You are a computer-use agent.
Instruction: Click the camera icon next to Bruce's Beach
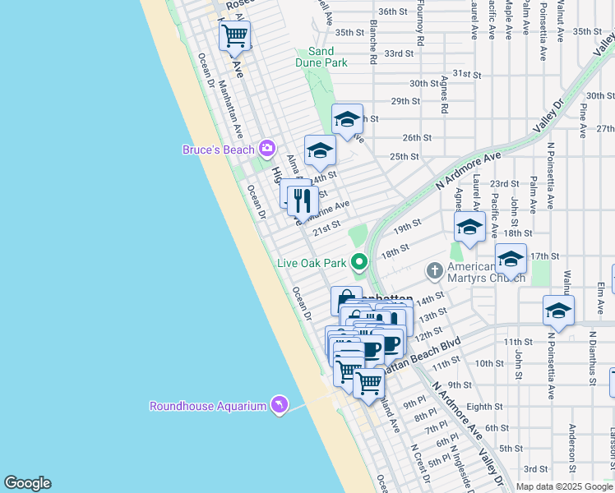pyautogui.click(x=266, y=148)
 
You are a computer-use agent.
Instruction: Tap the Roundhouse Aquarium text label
pyautogui.click(x=208, y=406)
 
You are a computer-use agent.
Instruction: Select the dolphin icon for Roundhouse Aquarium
pyautogui.click(x=280, y=405)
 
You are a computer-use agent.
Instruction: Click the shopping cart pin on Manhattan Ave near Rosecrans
pyautogui.click(x=234, y=35)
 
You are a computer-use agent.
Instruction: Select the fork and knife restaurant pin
pyautogui.click(x=303, y=199)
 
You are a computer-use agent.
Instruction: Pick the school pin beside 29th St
pyautogui.click(x=347, y=119)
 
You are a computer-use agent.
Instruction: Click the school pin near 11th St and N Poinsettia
pyautogui.click(x=558, y=311)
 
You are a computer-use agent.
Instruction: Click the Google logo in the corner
pyautogui.click(x=27, y=483)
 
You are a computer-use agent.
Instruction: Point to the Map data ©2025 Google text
pyautogui.click(x=563, y=486)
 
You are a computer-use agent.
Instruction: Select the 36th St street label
pyautogui.click(x=393, y=12)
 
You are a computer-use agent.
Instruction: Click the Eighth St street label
pyautogui.click(x=484, y=406)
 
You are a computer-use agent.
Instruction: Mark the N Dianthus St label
pyautogui.click(x=591, y=358)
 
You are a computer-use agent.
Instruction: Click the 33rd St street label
pyautogui.click(x=399, y=53)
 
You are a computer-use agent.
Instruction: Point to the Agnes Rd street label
pyautogui.click(x=444, y=94)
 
